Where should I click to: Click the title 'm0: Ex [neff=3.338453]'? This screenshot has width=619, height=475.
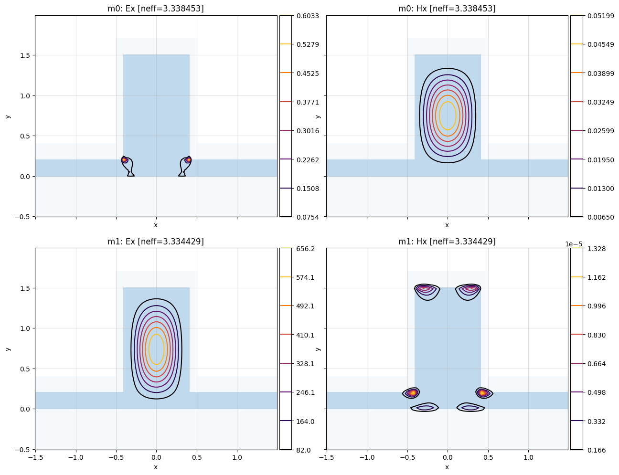pyautogui.click(x=156, y=9)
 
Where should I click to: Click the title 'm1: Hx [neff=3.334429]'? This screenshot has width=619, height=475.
pyautogui.click(x=447, y=242)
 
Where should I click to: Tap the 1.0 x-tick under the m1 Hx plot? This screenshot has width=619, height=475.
pyautogui.click(x=528, y=457)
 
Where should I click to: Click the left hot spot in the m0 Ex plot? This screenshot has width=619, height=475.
pyautogui.click(x=125, y=159)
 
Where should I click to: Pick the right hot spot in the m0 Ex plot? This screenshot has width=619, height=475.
pyautogui.click(x=188, y=159)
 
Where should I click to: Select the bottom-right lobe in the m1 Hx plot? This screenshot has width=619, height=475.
pyautogui.click(x=470, y=407)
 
